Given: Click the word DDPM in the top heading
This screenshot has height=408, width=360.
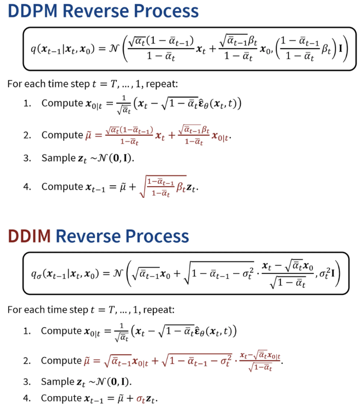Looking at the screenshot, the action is (33, 11).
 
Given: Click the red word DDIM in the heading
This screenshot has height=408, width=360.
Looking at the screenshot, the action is (29, 236).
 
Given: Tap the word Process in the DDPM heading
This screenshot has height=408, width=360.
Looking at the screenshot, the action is (166, 11).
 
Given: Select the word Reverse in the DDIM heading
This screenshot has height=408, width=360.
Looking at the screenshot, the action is (88, 236).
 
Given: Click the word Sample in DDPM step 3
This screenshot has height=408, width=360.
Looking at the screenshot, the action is (59, 158).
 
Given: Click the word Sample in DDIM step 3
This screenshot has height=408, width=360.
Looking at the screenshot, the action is (58, 382).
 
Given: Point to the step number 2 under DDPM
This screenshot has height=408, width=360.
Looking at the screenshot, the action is (27, 135).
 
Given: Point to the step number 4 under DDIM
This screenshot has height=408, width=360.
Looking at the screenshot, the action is (27, 398).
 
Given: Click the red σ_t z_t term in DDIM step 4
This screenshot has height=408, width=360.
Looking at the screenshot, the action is (146, 399).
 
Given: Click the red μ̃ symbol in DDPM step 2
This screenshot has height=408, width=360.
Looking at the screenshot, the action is (88, 136).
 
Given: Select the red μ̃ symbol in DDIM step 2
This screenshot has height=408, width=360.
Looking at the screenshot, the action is (87, 361).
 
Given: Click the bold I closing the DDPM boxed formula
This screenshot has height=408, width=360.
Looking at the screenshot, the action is (340, 49).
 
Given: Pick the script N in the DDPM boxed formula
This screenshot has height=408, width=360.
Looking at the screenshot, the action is (113, 49).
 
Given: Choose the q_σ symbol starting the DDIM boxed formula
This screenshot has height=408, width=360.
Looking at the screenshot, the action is (36, 274).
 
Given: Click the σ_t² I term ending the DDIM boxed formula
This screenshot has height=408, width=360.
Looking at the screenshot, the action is (327, 273).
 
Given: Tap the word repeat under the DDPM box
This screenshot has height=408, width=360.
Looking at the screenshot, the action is (161, 84).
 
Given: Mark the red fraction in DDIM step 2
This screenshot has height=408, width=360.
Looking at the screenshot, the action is (260, 361).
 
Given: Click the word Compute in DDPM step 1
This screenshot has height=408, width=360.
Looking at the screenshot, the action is (62, 103).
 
